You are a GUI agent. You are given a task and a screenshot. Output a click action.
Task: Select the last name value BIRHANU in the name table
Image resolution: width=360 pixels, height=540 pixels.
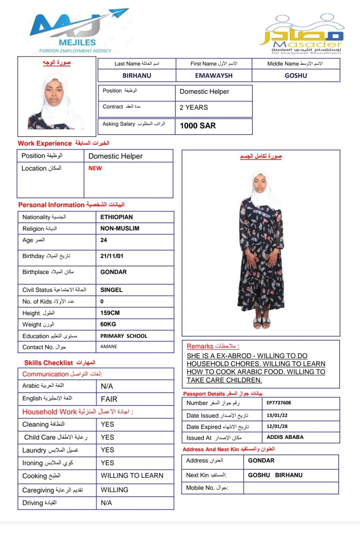[137, 76]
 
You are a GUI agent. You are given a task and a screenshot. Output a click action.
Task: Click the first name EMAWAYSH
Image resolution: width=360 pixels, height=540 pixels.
[214, 76]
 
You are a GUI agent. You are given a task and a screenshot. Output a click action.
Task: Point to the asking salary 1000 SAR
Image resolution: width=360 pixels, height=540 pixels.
[198, 126]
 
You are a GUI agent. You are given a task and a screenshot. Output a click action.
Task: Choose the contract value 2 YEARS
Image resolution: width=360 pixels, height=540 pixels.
[194, 108]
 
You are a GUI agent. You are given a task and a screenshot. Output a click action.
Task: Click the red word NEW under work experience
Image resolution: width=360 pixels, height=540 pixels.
[95, 168]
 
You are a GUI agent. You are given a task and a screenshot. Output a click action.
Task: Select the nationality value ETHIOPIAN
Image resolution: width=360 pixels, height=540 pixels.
[116, 217]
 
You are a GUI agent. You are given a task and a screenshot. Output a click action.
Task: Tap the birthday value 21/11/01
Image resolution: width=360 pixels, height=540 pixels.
[112, 256]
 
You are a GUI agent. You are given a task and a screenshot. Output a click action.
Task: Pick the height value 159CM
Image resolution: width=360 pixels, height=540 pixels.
[110, 313]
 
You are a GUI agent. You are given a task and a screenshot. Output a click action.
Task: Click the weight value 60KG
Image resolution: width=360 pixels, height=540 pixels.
[108, 324]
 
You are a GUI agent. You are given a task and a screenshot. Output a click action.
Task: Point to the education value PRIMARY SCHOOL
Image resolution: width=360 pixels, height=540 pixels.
[124, 336]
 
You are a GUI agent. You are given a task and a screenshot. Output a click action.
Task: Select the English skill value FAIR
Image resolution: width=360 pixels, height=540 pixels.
[109, 399]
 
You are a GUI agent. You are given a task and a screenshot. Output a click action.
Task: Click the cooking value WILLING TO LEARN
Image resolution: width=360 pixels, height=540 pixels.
[132, 476]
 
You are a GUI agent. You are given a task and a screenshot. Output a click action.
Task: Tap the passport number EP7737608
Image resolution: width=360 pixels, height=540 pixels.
[279, 403]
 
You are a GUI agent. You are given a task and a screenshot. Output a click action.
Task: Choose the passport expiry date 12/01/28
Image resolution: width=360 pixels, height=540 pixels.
[277, 427]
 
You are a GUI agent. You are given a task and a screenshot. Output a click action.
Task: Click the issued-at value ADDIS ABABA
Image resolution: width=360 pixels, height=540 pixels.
[285, 437]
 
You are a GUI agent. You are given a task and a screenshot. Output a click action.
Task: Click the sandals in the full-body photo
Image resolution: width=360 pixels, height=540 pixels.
[262, 322]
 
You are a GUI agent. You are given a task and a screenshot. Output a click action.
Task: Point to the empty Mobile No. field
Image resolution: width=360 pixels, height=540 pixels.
[291, 488]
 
